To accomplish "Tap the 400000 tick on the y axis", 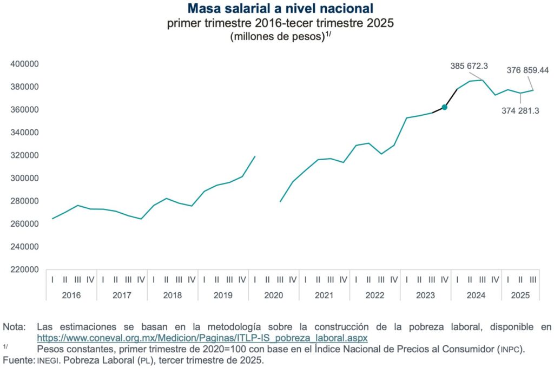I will tap(25, 64).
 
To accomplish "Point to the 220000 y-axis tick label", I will tap(25, 270).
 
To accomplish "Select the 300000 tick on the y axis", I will tap(25, 178).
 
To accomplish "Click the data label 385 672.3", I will tap(469, 66).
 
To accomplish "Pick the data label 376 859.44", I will tap(527, 70).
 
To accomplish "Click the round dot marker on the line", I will tap(444, 107).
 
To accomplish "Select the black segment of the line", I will tap(451, 98).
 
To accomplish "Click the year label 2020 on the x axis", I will tap(274, 295).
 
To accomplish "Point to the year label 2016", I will tap(71, 295).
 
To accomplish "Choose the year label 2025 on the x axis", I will tap(520, 295).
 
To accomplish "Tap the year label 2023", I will tap(425, 295).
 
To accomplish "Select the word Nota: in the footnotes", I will tap(14, 327).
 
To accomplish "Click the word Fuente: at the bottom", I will tap(18, 359).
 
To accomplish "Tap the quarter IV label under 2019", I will tap(242, 280).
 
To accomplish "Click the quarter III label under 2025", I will tap(533, 280).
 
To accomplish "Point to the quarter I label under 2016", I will tap(52, 280).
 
